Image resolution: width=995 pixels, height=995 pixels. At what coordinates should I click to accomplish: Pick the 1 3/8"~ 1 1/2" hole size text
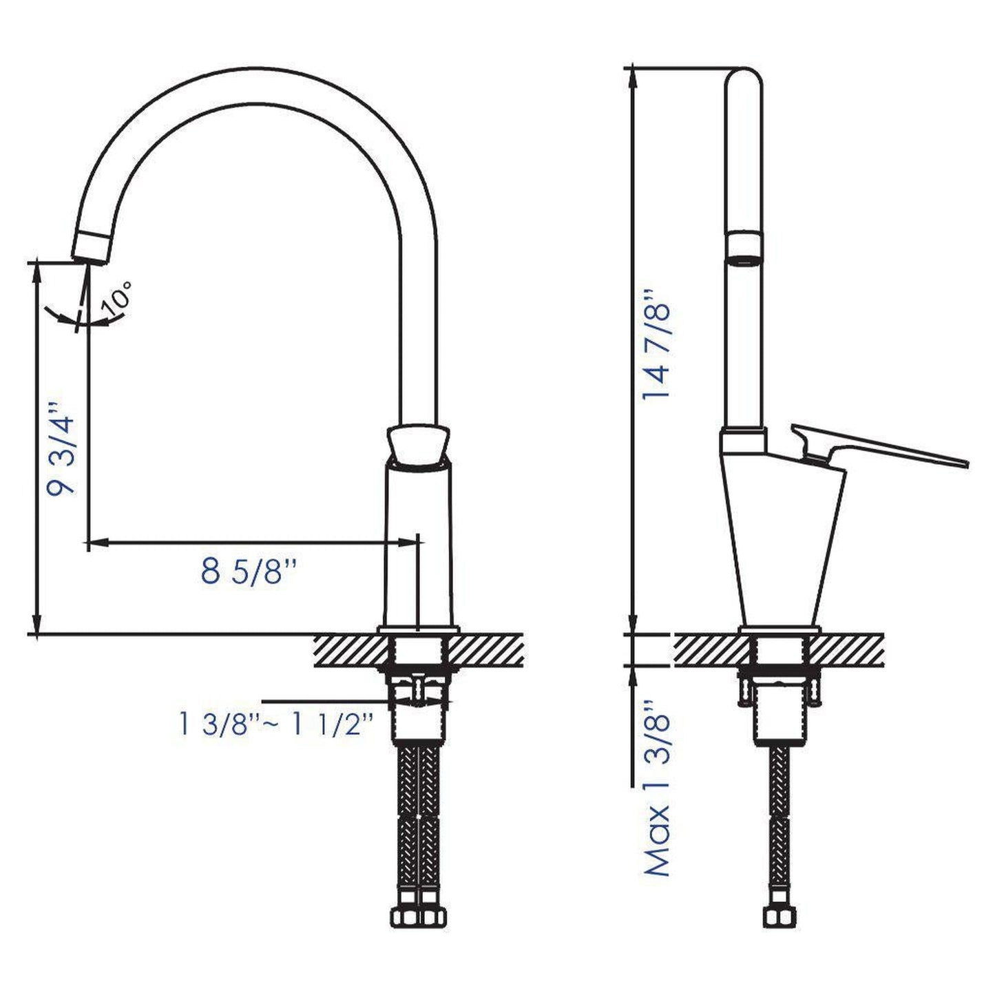click(276, 724)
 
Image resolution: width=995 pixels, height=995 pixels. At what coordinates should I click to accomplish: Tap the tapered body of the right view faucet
click(781, 544)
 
